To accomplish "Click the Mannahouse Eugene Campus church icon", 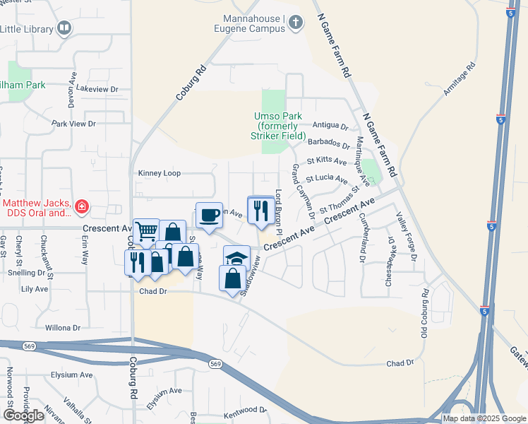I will tap(295, 23).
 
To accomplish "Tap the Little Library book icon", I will tap(64, 29).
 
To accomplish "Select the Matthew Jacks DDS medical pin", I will tap(83, 207).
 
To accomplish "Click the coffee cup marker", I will tap(208, 215).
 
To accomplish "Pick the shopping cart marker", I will tap(146, 230).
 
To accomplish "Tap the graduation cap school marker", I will tap(237, 257).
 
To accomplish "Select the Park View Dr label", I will tap(73, 124).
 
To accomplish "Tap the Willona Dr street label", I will tap(64, 328).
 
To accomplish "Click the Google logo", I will tap(24, 416).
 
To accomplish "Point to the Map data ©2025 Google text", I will tap(484, 418).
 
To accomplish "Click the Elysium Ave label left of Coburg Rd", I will tap(71, 375).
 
